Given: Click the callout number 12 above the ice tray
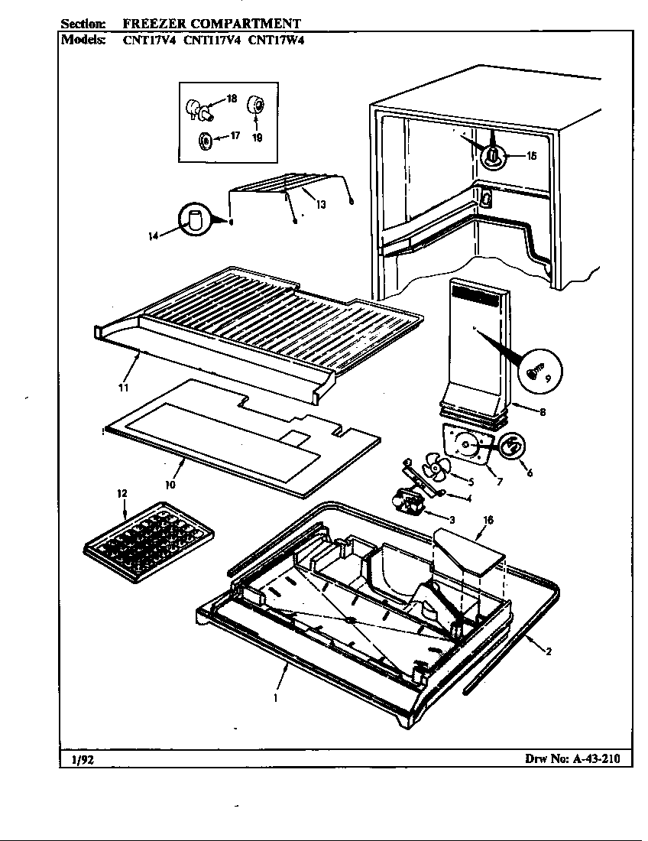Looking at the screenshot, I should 122,493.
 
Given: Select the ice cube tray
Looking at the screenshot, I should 148,539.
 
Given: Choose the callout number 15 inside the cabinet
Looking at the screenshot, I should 531,156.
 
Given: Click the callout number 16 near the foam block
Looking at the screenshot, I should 488,520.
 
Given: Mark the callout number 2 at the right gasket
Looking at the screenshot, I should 549,651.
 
